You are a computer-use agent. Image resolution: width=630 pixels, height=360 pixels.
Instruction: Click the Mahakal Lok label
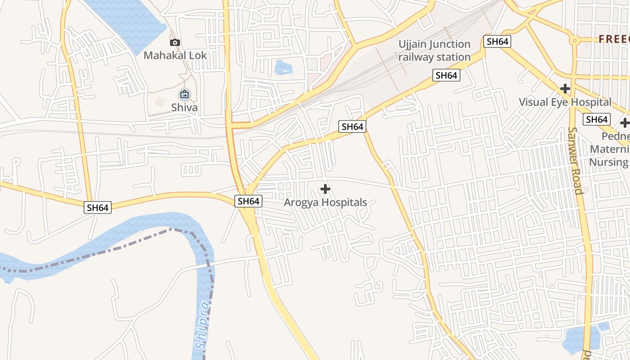point(175,55)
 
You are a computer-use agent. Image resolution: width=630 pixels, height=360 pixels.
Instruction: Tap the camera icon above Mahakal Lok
point(175,43)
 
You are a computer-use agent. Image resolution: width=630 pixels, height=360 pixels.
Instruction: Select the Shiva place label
point(184,108)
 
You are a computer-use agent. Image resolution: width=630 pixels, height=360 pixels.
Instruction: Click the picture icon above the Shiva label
point(184,94)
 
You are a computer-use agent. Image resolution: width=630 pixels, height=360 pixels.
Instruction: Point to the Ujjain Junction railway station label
point(434,50)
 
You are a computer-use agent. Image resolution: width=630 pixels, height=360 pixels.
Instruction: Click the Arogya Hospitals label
point(325,202)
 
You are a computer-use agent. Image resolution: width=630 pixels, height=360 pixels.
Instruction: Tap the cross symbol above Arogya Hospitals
point(325,189)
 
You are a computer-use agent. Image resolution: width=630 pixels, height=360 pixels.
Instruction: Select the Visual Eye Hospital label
point(565,102)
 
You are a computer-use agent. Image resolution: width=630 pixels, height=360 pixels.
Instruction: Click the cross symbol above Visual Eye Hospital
point(565,89)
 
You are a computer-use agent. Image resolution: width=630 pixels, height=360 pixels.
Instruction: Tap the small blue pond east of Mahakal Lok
point(283,67)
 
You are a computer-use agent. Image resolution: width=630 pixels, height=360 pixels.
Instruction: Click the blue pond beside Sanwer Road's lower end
point(580,337)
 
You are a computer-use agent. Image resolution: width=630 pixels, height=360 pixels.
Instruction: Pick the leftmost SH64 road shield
point(98,207)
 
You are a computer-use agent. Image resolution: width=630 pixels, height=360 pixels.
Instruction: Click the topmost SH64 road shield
point(497,42)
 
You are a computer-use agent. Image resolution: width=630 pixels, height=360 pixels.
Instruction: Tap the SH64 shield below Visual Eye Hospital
point(597,120)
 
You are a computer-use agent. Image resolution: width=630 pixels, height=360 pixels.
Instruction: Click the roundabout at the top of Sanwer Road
point(574,41)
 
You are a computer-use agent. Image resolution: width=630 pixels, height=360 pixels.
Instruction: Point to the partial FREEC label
point(614,40)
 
